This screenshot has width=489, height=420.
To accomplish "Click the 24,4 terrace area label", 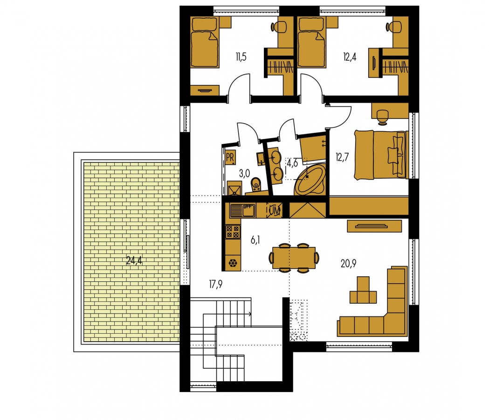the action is pos(134,260).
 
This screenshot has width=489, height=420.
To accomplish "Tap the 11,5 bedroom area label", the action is pos(241,57).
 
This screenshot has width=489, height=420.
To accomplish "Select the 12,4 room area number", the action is pos(350,57).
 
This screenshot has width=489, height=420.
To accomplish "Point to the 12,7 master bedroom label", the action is pos(342,157).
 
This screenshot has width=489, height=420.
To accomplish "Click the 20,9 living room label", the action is pos(348,264).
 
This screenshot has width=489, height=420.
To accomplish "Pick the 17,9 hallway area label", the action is pos(215,284).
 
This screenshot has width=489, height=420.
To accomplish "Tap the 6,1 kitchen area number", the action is pos(255,240).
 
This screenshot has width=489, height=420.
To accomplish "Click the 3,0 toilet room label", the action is pos(244,173).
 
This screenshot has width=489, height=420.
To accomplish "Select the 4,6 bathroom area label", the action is pos(292,163).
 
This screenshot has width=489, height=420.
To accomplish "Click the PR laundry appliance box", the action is pos(230,157).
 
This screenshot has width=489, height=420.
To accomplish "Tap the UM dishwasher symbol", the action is pos(275,210).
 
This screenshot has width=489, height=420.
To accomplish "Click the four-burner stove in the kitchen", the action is pos(233,232).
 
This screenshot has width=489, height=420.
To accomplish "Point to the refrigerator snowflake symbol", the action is pos(233,263).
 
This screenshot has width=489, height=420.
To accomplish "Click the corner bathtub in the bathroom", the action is pos(310,180).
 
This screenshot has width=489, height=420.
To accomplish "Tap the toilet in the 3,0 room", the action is pos(256,184).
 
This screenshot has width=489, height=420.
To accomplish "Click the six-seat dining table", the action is pos(294,258).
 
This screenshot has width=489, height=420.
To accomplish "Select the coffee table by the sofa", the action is pos(363,290).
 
